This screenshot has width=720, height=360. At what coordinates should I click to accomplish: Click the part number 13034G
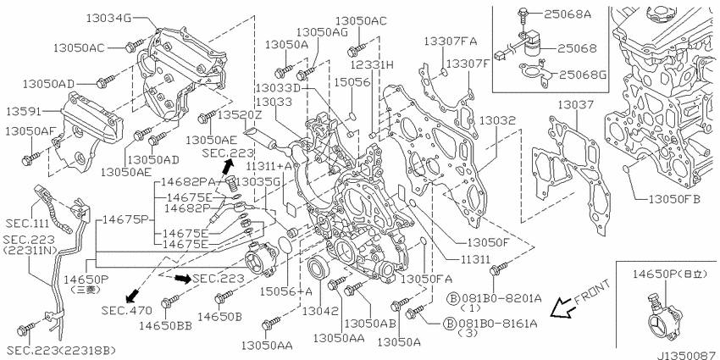click(109, 18)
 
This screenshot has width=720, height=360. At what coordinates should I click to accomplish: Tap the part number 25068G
click(581, 74)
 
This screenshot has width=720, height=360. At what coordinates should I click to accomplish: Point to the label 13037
click(576, 105)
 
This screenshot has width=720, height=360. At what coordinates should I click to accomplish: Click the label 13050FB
click(674, 200)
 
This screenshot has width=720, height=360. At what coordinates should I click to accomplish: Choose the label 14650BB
click(165, 325)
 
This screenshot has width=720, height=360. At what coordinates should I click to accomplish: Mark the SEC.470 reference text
click(127, 311)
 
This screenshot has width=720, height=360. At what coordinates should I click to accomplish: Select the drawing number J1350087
click(688, 355)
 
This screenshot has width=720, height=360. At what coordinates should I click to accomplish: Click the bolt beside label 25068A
click(522, 15)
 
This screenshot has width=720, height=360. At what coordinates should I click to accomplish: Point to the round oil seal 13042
click(318, 269)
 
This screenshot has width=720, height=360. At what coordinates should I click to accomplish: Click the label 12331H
click(373, 64)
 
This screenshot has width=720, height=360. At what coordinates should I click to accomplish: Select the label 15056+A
click(286, 291)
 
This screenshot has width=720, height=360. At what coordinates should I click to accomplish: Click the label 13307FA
click(450, 42)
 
